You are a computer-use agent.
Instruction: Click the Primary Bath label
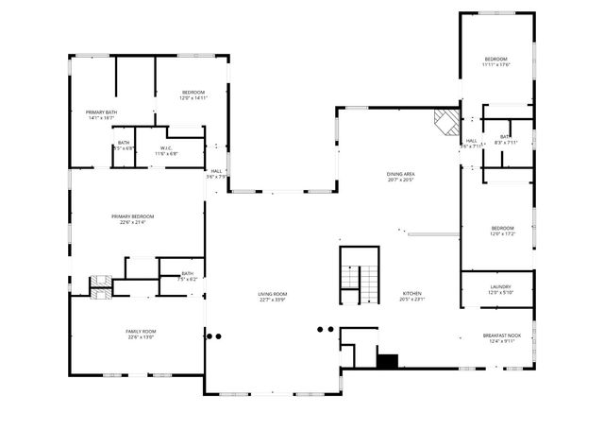100,112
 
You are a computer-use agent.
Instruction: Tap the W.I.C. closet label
165,147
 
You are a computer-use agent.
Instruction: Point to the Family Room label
141,331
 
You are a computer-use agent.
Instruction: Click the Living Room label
273,294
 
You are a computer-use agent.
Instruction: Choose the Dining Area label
401,174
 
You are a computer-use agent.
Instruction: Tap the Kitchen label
412,294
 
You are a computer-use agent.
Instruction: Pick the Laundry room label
501,287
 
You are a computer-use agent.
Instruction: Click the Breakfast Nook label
500,335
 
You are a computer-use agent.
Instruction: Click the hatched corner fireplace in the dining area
445,120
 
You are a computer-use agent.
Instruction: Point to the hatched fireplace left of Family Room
100,285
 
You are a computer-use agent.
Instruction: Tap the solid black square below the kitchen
386,359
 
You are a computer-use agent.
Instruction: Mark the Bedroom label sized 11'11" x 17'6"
495,60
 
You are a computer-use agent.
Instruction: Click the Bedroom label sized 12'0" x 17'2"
502,228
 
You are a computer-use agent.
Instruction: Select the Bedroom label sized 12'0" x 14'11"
193,92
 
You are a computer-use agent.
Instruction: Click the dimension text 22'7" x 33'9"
273,300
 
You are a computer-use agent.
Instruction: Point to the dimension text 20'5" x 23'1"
412,300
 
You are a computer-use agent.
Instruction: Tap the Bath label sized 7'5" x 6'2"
187,274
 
